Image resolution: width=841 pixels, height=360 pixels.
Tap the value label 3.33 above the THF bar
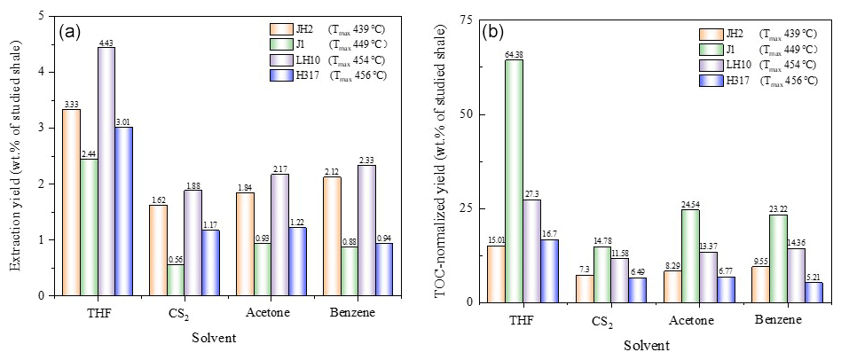(72, 104)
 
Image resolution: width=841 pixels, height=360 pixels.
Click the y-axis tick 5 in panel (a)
(45, 16)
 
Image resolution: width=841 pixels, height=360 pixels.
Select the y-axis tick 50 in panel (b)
(468, 115)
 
